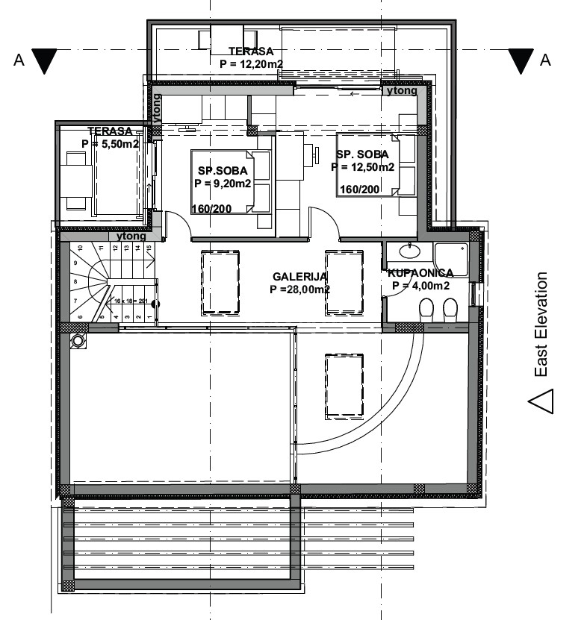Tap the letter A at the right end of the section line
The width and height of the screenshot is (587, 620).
click(x=546, y=60)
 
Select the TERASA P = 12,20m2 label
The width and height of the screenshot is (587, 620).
click(x=251, y=57)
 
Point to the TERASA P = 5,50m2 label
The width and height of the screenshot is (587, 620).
click(x=110, y=137)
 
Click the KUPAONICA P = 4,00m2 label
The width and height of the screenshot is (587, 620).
click(x=419, y=279)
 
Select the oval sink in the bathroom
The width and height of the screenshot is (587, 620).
click(x=408, y=251)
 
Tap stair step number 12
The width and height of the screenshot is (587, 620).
click(x=116, y=251)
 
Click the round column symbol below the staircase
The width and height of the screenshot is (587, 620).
click(x=78, y=340)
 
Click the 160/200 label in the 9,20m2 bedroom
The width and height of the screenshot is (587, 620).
click(x=212, y=209)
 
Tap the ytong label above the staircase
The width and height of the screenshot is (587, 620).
click(x=132, y=236)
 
